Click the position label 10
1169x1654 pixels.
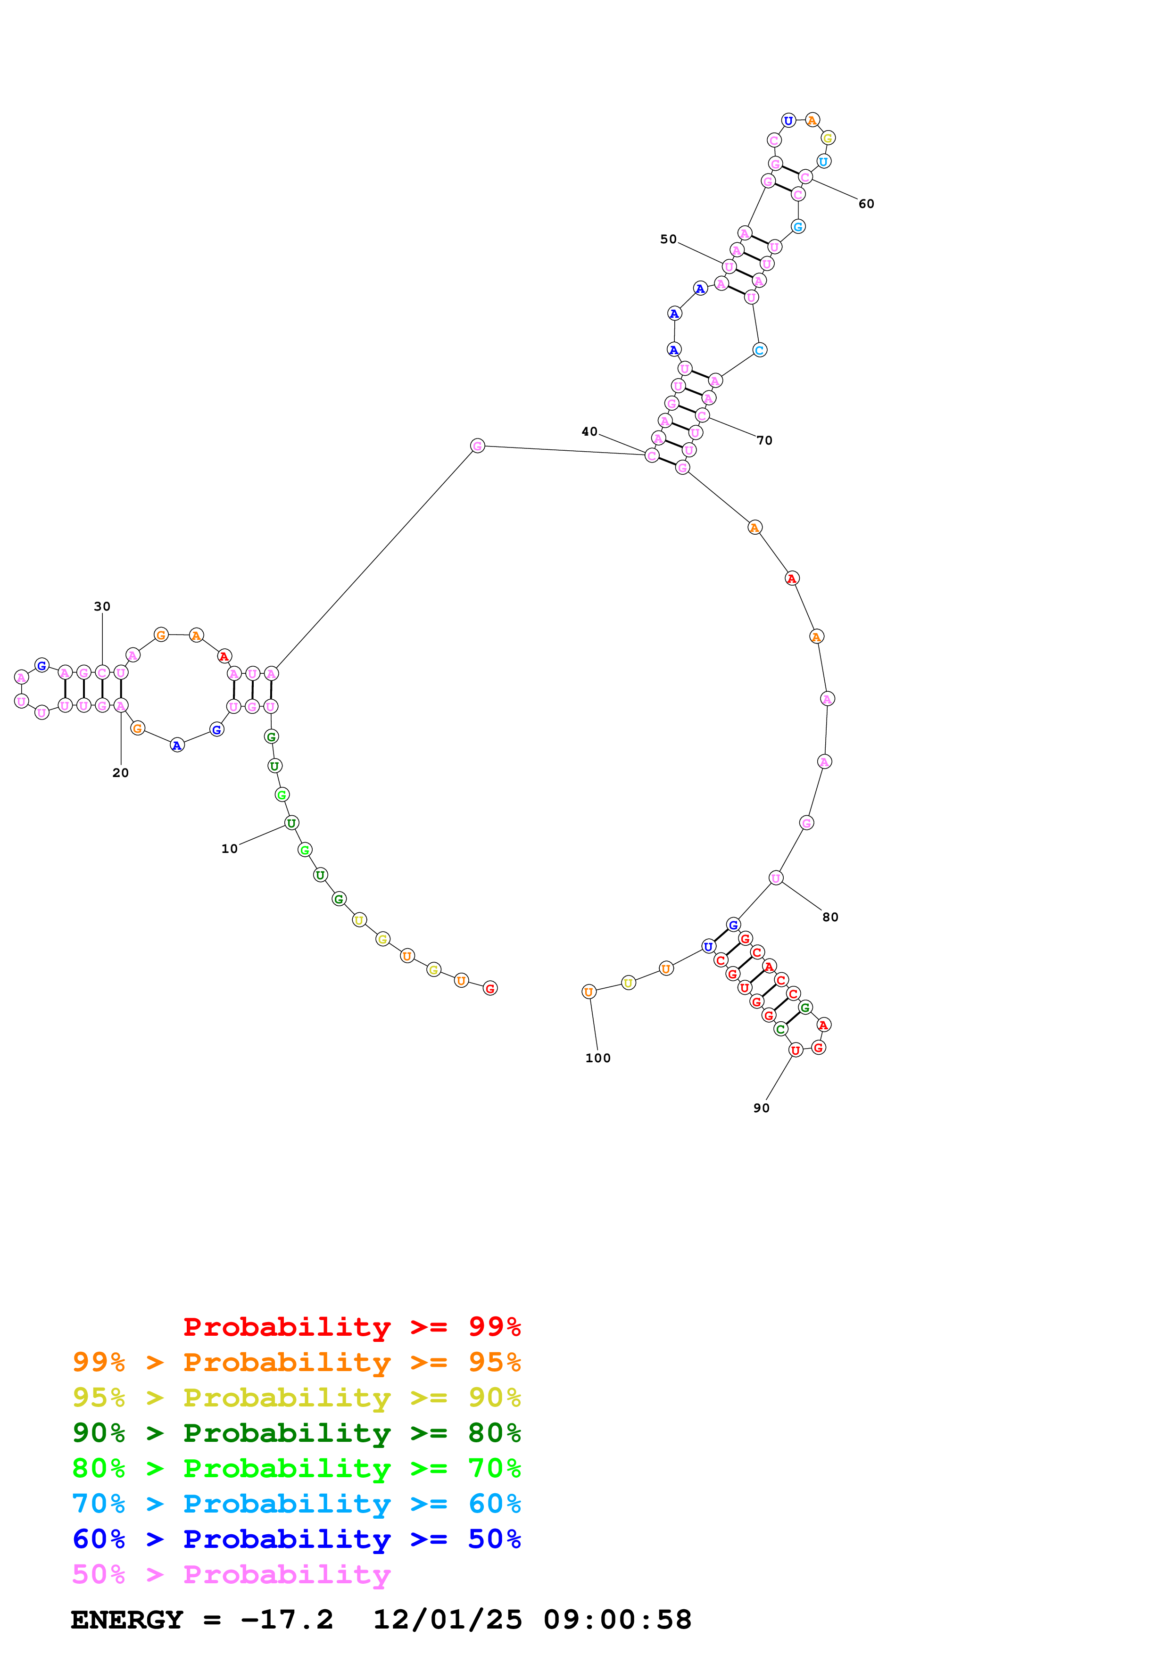[229, 849]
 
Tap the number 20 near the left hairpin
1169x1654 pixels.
[120, 772]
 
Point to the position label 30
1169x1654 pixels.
[102, 606]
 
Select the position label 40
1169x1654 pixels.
[589, 431]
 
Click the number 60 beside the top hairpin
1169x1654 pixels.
[866, 204]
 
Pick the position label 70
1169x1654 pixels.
[764, 440]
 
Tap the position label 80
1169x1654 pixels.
[830, 917]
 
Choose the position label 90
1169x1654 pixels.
[761, 1108]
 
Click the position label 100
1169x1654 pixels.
[598, 1058]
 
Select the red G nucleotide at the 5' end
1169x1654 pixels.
[490, 988]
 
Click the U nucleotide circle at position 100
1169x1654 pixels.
[589, 992]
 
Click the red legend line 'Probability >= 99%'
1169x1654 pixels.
[351, 1326]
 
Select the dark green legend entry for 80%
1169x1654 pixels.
[296, 1433]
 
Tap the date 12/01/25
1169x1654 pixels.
[448, 1620]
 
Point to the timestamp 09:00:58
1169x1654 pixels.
[617, 1620]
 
